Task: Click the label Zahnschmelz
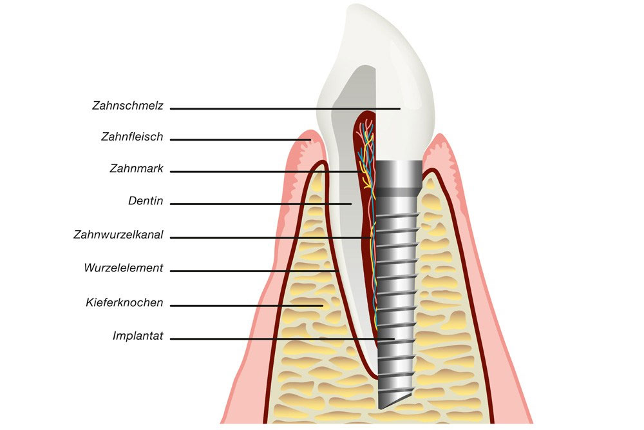tap(128, 106)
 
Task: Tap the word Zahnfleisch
tap(132, 137)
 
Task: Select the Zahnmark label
tap(137, 168)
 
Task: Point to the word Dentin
tap(146, 201)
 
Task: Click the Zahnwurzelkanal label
tap(118, 235)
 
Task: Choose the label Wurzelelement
tap(124, 268)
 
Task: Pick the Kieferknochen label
tap(124, 303)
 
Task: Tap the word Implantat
tap(138, 337)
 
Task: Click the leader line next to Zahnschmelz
tap(285, 109)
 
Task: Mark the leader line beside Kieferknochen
tap(247, 306)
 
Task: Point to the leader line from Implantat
tap(283, 339)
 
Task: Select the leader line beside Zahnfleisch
tap(240, 140)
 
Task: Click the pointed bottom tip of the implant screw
tap(380, 408)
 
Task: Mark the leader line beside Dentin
tap(261, 204)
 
